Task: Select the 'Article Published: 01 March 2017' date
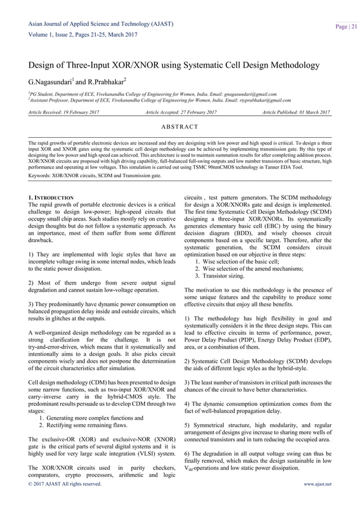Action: [x=296, y=113]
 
